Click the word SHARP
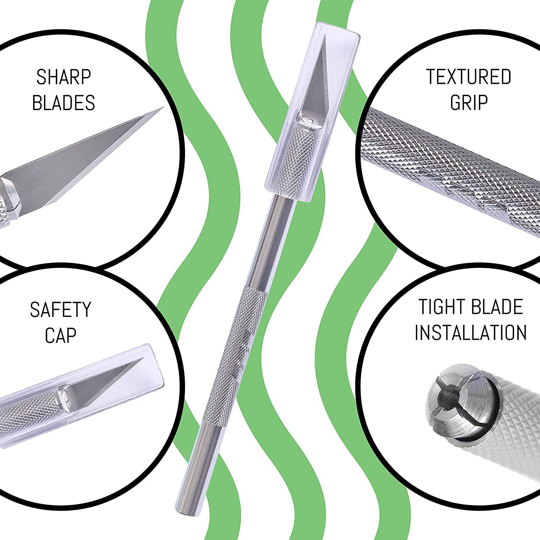coord(63,77)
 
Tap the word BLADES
coord(63,103)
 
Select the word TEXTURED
coord(469,77)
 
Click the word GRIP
coord(469,102)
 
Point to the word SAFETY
coord(60,310)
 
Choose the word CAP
coord(60,335)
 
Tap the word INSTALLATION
coord(471,332)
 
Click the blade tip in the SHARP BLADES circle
coord(164,107)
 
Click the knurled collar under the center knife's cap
coord(300,158)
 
